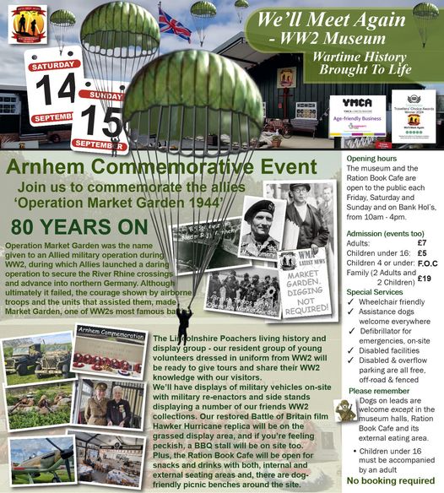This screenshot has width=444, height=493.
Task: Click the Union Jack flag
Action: click(175, 24)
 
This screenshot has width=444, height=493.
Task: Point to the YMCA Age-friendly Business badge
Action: click(357, 116)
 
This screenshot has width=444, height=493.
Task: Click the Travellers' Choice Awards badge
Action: click(413, 115)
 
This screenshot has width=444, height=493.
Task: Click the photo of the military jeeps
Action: click(37, 355)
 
